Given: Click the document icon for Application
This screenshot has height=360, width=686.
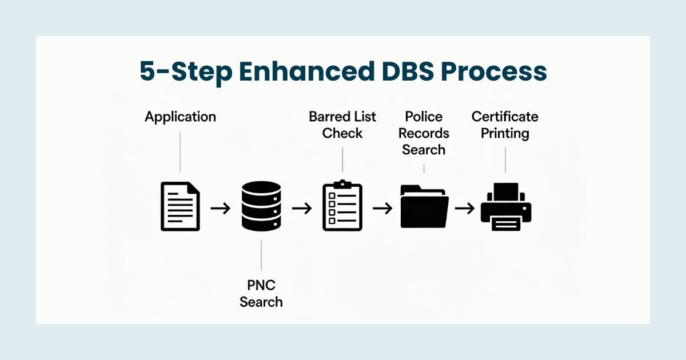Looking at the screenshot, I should click(180, 206).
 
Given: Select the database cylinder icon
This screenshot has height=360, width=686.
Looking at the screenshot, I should click(261, 206).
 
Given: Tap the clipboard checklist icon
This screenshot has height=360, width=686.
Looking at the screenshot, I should click(342, 206).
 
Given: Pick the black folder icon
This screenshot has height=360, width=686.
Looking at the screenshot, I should click(424, 206).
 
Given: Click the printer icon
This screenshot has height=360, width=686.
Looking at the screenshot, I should click(506, 206).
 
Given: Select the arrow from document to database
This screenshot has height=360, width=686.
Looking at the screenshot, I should click(221, 208).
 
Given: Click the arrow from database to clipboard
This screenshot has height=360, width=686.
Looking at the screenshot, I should click(302, 208).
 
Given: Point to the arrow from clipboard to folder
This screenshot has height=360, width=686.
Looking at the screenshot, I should click(383, 208).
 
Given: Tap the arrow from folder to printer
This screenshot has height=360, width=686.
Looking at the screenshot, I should click(465, 208).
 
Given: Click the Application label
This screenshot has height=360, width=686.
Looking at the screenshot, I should click(180, 117).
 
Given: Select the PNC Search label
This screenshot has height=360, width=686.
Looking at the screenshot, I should click(261, 293).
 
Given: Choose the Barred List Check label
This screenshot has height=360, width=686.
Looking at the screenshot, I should click(342, 125).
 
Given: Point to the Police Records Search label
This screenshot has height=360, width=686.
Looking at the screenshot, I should click(424, 133).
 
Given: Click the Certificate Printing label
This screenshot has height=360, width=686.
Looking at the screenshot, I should click(505, 125).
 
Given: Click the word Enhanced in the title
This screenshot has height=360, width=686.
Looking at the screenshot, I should click(309, 73).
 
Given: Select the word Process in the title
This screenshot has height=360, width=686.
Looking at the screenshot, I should click(497, 73).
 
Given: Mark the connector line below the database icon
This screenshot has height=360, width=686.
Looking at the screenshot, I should click(261, 255).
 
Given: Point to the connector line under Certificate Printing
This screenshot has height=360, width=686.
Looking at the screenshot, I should click(505, 157).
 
